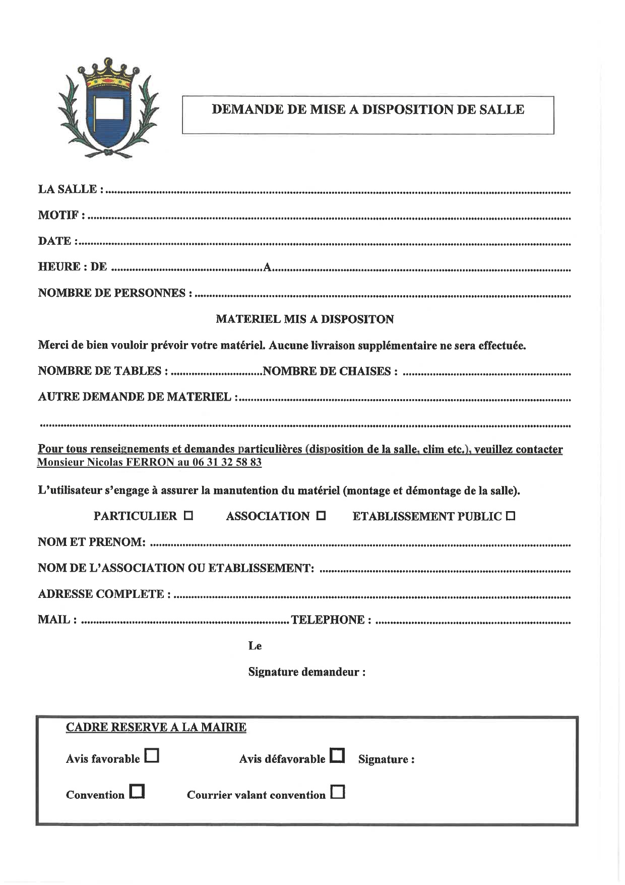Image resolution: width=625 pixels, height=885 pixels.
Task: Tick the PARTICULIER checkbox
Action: point(189,516)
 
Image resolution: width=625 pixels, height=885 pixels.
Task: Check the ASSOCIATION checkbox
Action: point(321,516)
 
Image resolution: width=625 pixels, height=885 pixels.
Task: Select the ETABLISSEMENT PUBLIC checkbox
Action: point(510,516)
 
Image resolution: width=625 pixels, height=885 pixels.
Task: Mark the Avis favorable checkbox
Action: point(152,755)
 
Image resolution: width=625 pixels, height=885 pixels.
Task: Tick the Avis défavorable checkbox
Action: point(338,755)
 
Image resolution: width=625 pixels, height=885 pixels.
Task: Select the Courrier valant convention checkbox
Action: point(338,792)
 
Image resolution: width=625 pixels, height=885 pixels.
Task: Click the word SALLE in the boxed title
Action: point(503,109)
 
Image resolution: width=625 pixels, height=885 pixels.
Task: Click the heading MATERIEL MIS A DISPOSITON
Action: point(305,319)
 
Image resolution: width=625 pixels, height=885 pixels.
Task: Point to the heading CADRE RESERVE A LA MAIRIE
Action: point(156,727)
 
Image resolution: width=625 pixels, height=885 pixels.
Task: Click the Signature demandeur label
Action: point(306,672)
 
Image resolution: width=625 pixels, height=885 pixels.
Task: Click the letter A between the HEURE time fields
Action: point(268,267)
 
